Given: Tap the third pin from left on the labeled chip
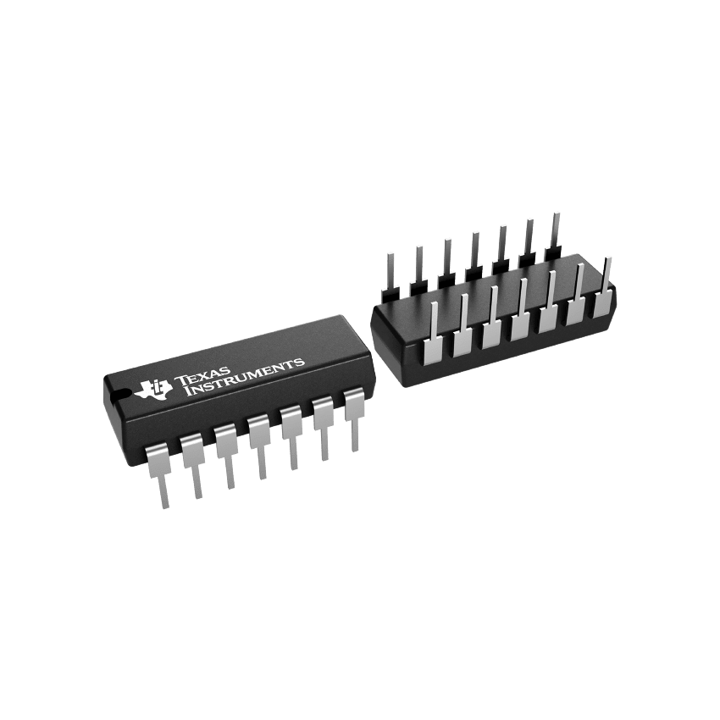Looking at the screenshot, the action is [226, 456].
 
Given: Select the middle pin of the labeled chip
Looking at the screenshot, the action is [258, 446].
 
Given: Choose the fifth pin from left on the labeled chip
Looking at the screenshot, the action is [291, 437].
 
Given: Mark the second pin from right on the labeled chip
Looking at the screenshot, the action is [324, 428].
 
